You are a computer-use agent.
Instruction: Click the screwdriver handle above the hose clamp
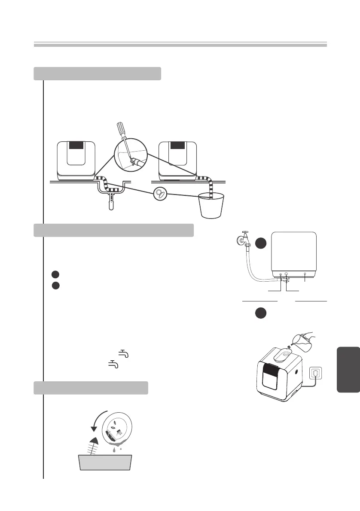pyautogui.click(x=119, y=128)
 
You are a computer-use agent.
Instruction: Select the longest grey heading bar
pyautogui.click(x=114, y=230)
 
